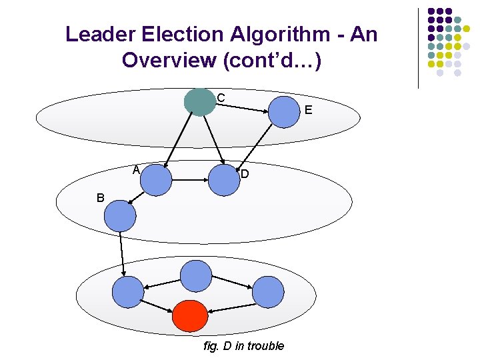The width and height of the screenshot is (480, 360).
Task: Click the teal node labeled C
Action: [199, 102]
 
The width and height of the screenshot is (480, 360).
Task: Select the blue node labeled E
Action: [285, 111]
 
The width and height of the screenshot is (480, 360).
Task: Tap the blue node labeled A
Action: [156, 179]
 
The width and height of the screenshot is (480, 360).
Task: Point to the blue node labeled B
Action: [120, 215]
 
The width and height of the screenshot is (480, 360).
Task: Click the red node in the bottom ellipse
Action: [191, 316]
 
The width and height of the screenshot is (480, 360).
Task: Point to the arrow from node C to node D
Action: [213, 142]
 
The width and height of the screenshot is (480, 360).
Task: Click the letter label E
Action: [308, 110]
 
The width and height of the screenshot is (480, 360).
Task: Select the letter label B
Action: [100, 198]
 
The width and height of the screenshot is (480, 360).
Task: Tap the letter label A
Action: [135, 169]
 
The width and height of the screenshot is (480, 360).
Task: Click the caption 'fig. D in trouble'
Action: [244, 345]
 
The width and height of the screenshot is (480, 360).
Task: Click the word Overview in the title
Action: [170, 60]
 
